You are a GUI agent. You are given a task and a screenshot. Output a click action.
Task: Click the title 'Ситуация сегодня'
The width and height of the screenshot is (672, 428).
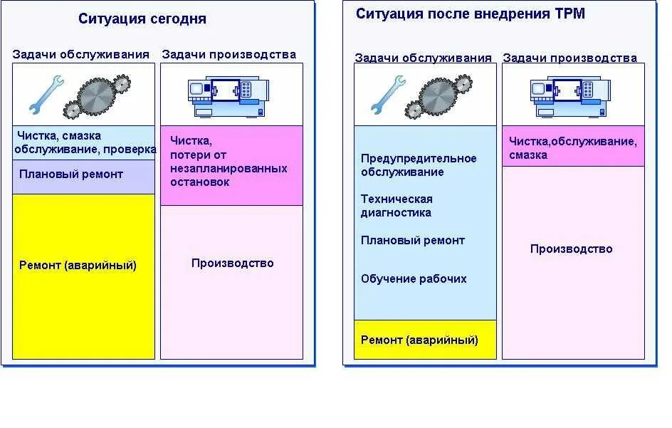tap(142, 19)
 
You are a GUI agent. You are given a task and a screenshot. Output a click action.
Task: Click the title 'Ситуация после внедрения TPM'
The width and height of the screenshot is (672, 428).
tap(470, 14)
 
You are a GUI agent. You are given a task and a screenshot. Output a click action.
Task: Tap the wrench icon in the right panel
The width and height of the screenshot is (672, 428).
tap(388, 95)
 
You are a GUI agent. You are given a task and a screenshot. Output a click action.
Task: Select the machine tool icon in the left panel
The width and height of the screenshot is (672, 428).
tap(229, 97)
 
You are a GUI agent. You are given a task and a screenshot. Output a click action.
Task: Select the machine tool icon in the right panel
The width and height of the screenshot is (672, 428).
tap(570, 97)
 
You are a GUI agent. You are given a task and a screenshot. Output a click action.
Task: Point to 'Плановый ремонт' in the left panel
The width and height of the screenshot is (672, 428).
tap(71, 174)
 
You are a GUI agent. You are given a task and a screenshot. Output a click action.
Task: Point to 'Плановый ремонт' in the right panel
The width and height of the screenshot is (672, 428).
tap(412, 241)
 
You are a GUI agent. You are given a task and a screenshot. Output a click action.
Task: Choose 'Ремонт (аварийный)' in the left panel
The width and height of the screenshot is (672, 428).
tap(78, 266)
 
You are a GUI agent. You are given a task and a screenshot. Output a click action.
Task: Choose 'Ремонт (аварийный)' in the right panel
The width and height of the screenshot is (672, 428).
tap(419, 340)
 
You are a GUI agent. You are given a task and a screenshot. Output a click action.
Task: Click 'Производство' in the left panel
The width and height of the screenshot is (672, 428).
tap(232, 263)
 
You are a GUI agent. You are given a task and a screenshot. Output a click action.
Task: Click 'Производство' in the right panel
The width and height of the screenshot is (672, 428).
tap(571, 249)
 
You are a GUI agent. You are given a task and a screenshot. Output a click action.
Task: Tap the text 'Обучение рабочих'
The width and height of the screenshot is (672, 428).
tap(414, 279)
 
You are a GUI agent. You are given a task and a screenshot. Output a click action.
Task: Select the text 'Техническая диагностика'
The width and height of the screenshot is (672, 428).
tap(397, 206)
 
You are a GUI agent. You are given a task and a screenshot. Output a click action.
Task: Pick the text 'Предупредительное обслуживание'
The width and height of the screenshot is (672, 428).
tap(418, 165)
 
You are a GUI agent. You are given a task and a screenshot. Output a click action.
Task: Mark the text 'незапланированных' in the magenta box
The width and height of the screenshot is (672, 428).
tap(229, 169)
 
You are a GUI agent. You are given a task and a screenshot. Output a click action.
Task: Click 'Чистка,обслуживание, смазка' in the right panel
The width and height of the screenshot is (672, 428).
tap(572, 148)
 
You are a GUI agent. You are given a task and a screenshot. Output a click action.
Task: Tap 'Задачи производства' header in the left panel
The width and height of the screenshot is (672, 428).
tap(229, 54)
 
